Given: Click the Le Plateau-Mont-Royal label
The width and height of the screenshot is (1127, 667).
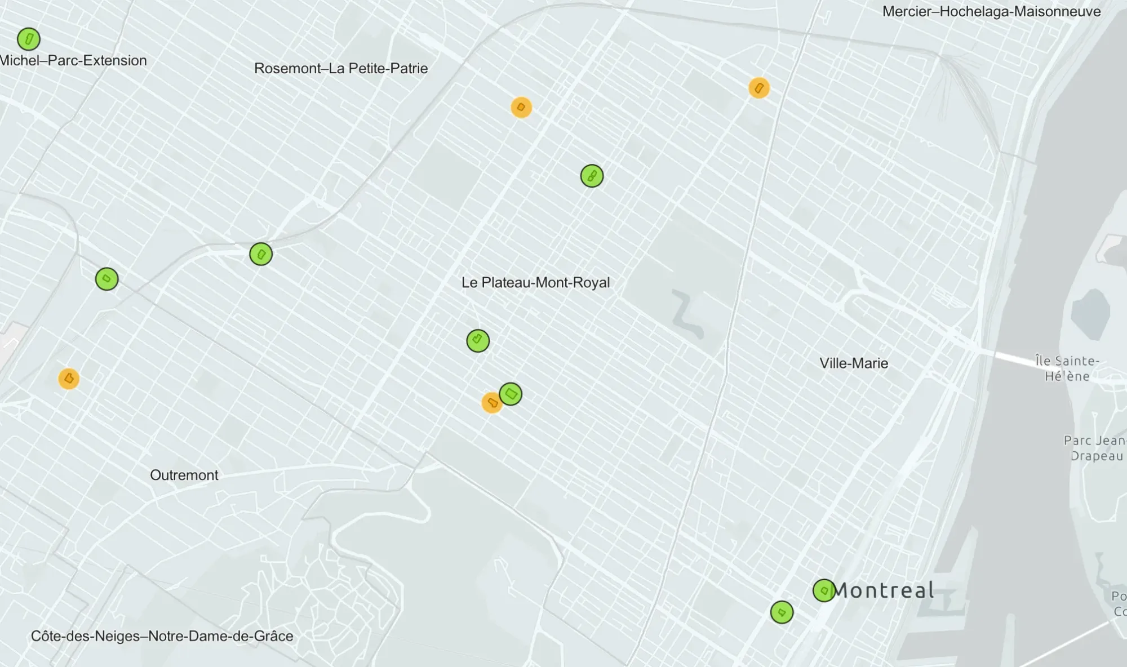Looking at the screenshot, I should pyautogui.click(x=535, y=282).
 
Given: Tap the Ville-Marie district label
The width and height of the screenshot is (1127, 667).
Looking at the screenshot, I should pyautogui.click(x=853, y=363).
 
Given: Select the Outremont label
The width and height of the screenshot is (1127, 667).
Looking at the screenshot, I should pyautogui.click(x=184, y=475).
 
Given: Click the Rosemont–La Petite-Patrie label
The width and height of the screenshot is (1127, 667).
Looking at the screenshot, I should pyautogui.click(x=340, y=69).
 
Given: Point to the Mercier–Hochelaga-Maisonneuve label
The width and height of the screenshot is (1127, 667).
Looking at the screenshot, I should pyautogui.click(x=991, y=12).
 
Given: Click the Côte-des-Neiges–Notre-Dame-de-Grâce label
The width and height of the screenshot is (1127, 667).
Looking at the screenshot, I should pyautogui.click(x=162, y=636).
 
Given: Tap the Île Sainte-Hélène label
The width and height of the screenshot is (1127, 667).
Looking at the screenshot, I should pyautogui.click(x=1067, y=368).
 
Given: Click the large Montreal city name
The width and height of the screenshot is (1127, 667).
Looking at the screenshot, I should pyautogui.click(x=883, y=590).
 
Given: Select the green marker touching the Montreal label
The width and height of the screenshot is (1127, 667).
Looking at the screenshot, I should pyautogui.click(x=824, y=590).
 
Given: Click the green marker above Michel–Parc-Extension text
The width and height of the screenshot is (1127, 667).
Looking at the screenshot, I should pyautogui.click(x=29, y=39).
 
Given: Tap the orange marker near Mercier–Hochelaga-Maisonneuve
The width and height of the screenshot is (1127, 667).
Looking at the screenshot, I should pyautogui.click(x=759, y=88).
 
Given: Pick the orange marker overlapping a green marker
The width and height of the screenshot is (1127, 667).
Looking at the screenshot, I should pyautogui.click(x=491, y=403).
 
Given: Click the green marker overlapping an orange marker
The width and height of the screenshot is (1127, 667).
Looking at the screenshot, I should pyautogui.click(x=511, y=394).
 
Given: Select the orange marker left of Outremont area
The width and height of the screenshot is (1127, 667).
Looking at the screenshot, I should pyautogui.click(x=69, y=379).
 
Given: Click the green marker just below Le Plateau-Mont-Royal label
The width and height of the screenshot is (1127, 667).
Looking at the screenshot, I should pyautogui.click(x=478, y=341).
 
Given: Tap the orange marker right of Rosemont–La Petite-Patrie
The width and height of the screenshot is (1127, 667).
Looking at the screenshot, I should pyautogui.click(x=521, y=107).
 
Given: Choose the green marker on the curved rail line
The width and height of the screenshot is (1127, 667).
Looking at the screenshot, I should pyautogui.click(x=261, y=254).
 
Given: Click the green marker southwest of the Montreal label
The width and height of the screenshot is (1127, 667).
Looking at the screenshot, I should pyautogui.click(x=782, y=612).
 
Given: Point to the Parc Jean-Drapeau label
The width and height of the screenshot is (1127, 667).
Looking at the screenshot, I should pyautogui.click(x=1095, y=448).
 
